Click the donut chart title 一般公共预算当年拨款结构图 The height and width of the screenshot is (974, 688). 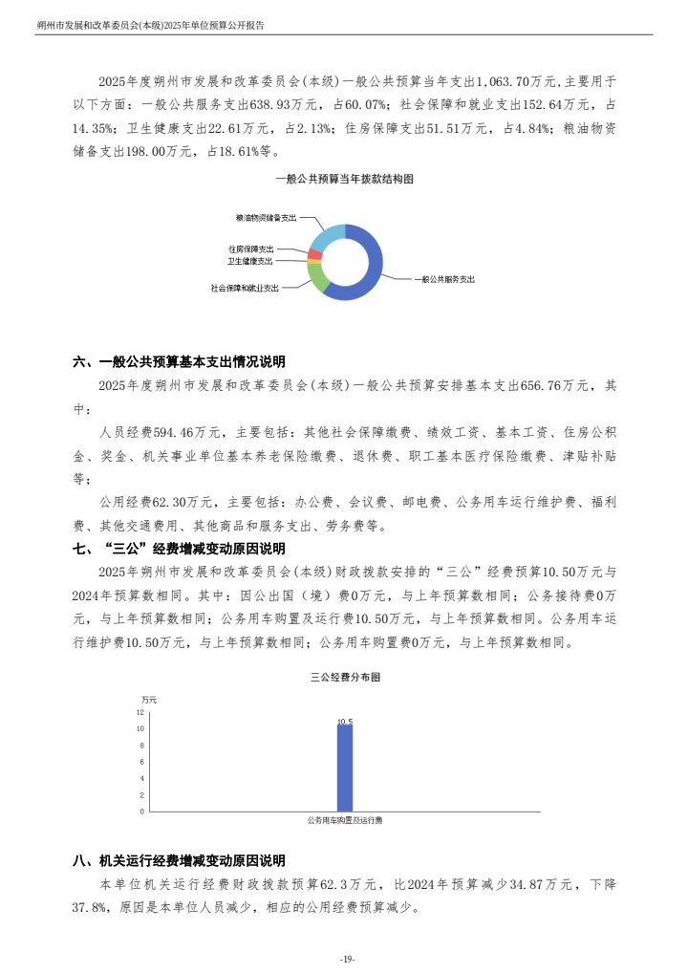tap(343, 179)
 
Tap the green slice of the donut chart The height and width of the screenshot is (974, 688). tap(316, 276)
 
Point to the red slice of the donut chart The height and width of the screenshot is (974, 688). tap(313, 254)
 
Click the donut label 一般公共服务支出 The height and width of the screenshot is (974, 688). tap(444, 280)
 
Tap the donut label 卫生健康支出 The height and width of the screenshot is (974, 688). tap(249, 260)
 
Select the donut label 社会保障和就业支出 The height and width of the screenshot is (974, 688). tap(246, 287)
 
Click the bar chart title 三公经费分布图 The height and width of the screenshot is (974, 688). tap(345, 677)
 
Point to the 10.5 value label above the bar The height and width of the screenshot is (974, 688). tap(345, 721)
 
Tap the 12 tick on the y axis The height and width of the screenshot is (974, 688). tap(140, 712)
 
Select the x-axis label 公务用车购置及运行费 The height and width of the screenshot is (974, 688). tap(344, 820)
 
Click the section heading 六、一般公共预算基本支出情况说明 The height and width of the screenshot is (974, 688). tap(179, 362)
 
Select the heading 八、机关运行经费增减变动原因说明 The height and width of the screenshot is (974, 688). tap(179, 861)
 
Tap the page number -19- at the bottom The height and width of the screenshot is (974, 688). tap(347, 959)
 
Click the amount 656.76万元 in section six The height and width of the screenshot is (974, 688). tap(554, 386)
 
